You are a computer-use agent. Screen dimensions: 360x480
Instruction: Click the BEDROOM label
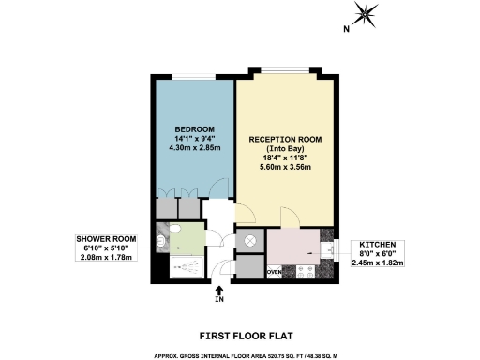tap(194, 128)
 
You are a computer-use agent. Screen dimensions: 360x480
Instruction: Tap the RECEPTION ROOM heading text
tap(285, 140)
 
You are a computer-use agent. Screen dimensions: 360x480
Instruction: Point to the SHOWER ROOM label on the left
tap(106, 239)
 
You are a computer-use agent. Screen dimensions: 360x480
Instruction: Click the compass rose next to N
tap(366, 14)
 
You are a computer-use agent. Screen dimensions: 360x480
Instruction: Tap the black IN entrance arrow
tap(219, 291)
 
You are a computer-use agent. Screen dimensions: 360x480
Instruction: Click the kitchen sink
tap(327, 249)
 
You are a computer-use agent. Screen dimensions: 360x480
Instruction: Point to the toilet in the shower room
tap(164, 242)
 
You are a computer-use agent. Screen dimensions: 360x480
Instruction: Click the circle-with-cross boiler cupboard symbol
tap(249, 240)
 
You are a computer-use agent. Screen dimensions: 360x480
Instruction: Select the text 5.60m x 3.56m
tap(285, 168)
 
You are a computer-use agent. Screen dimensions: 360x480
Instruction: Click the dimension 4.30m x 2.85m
tap(194, 147)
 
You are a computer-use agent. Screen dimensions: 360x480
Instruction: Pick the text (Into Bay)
tap(285, 149)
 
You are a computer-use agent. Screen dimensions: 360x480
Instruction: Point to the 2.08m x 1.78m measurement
tap(106, 258)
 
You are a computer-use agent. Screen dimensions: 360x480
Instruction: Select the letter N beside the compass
tap(345, 30)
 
